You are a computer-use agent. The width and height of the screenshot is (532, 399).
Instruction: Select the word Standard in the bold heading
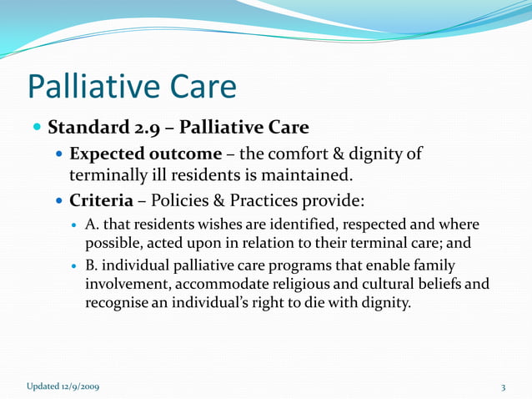pos(84,129)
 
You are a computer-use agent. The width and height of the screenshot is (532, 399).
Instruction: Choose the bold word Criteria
pos(101,203)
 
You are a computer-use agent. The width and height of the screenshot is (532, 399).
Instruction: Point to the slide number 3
pos(504,386)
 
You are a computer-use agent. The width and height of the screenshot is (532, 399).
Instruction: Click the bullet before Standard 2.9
pos(37,129)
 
